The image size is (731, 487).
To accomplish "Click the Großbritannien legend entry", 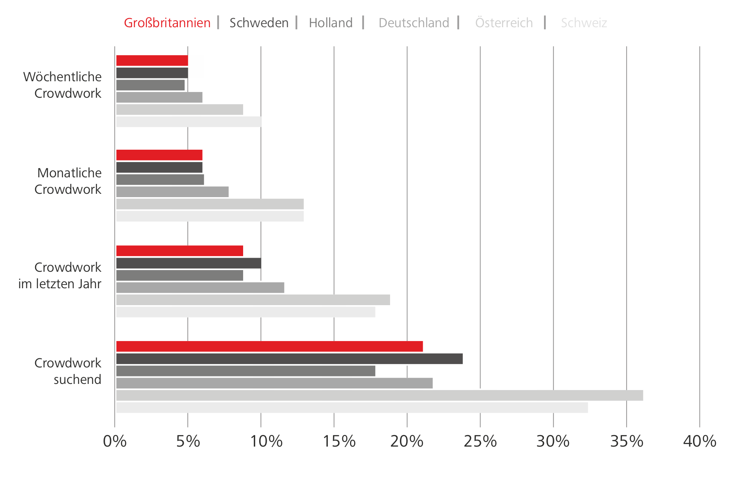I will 167,23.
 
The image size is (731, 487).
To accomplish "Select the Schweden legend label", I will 259,23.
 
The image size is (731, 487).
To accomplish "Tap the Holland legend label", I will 331,23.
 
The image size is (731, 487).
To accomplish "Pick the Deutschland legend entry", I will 414,23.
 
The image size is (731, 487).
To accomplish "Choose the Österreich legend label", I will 504,23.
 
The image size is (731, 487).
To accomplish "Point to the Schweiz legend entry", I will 584,23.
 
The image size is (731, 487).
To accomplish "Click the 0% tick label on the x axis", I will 115,442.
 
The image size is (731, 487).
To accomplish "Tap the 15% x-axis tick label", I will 339,442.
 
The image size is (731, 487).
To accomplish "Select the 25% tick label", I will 480,442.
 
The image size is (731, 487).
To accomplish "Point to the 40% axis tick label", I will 700,442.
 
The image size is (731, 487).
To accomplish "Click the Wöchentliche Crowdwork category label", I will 62,85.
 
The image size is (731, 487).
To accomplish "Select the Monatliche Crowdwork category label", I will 68,181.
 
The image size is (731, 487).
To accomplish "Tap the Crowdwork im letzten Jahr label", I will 60,275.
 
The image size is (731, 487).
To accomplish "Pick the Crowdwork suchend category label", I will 68,371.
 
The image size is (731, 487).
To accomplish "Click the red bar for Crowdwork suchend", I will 270,346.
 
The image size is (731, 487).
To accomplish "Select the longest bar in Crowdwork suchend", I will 379,395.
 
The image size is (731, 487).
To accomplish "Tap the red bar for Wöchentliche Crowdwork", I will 152,61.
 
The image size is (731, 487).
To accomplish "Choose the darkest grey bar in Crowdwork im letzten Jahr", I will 189,263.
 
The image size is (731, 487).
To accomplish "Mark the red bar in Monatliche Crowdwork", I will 159,155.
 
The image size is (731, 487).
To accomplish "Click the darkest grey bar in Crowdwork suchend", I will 289,359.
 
